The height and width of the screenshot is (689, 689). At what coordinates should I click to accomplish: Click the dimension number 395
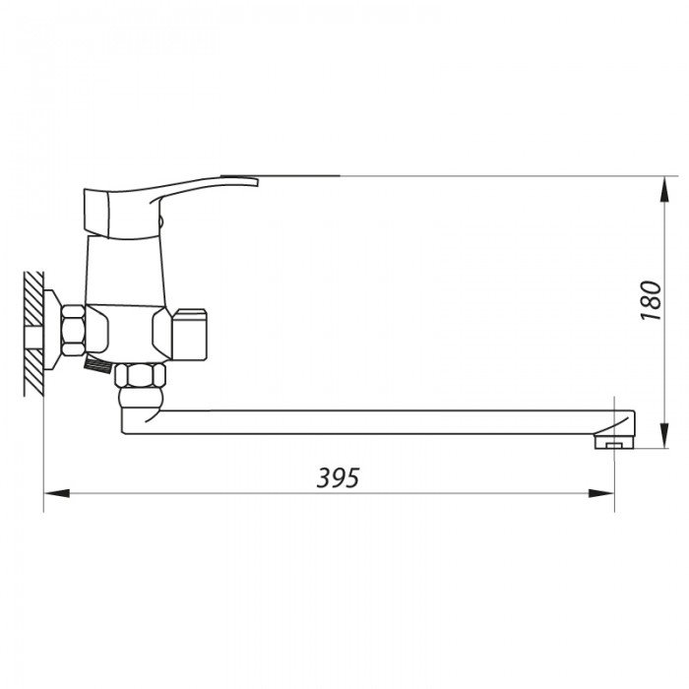pos(339,477)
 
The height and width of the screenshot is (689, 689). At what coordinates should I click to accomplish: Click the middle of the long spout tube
pos(374,421)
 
